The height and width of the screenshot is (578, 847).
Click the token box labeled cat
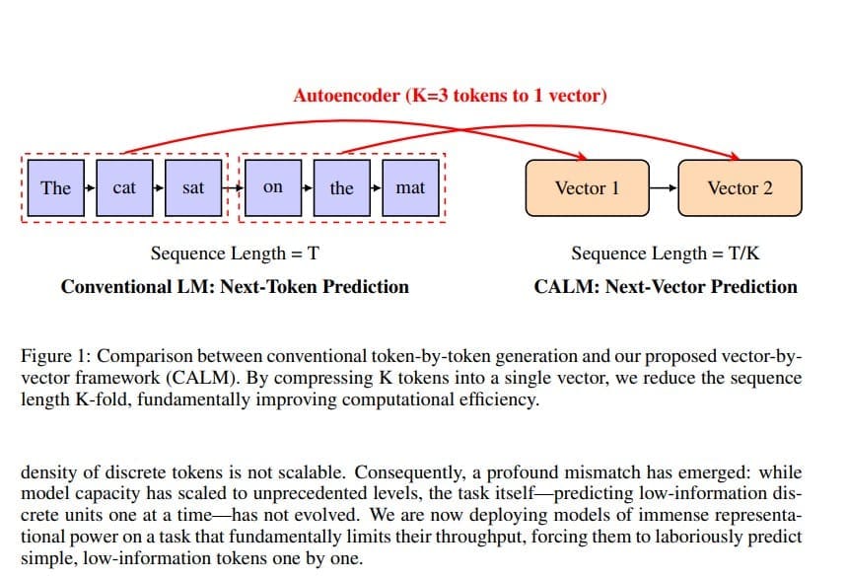point(124,187)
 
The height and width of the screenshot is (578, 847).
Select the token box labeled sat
point(193,187)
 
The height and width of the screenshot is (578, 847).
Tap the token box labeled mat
point(410,187)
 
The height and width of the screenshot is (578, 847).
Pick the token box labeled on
point(273,187)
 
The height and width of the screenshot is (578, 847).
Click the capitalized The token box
point(56,187)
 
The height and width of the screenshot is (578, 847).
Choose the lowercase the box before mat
point(341,187)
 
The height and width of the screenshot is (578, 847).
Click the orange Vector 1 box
point(588,187)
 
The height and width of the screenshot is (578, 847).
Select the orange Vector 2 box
point(740,187)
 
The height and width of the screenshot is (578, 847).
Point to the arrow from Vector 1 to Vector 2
point(663,187)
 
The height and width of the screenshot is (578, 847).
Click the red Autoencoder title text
point(450,96)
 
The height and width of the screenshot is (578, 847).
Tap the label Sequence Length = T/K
point(666,253)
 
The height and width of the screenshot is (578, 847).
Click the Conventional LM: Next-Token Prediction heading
point(235,287)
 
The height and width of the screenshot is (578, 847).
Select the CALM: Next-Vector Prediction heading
point(666,287)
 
